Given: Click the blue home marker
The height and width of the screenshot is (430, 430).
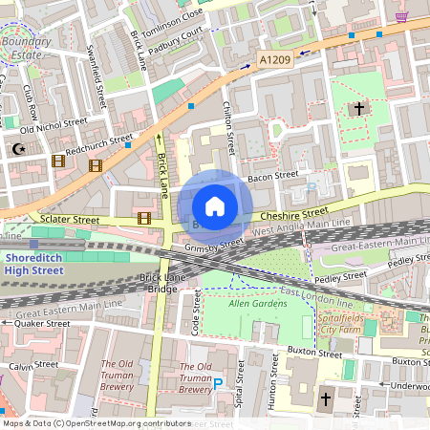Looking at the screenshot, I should point(215,206).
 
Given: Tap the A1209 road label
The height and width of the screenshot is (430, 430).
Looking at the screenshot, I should point(273,59).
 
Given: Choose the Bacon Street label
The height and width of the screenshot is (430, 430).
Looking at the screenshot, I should point(273,176).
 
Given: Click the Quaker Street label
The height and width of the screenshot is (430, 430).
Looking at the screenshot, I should point(42,324).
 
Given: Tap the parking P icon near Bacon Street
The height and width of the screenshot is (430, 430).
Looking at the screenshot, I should point(309,188).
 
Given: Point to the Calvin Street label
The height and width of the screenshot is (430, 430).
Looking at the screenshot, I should point(33,366).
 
